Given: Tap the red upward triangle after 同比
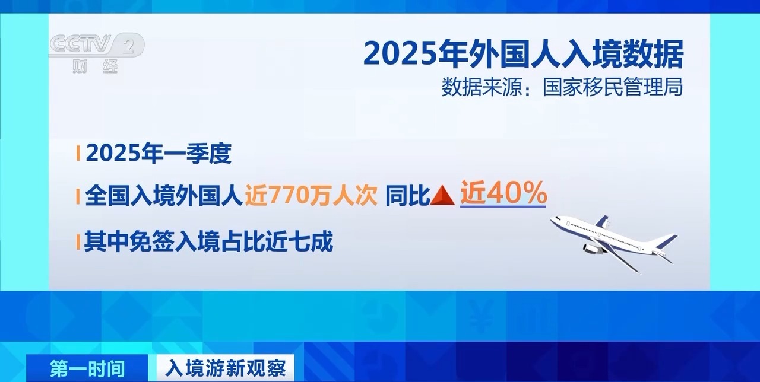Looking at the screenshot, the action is click(x=442, y=196).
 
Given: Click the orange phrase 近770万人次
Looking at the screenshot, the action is click(x=311, y=196).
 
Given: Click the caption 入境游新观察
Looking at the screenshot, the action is click(x=226, y=368).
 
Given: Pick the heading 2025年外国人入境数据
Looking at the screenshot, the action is click(x=523, y=54).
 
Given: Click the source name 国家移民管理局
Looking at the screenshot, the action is click(x=612, y=87).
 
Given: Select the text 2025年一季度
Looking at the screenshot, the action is click(x=159, y=154).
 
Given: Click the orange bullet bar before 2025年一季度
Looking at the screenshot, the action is click(x=78, y=154).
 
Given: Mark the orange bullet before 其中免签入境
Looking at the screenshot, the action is click(x=78, y=242).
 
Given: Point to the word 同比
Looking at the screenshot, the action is click(x=407, y=196).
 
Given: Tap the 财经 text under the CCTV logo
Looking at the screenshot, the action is click(x=95, y=66).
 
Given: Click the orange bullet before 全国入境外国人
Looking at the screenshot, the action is click(x=78, y=196).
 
